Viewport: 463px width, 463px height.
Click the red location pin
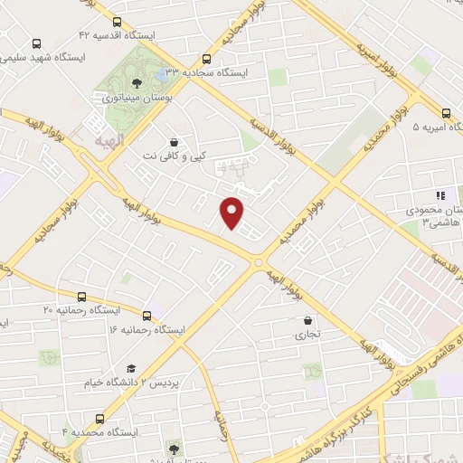pyautogui.click(x=233, y=211)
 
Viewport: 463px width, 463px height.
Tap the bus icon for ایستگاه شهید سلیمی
pyautogui.click(x=37, y=43)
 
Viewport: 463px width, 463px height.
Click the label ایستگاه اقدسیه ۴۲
pyautogui.click(x=118, y=35)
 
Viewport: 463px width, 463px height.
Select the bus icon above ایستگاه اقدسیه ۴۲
pyautogui.click(x=117, y=23)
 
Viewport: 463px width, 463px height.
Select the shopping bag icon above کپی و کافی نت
pyautogui.click(x=174, y=142)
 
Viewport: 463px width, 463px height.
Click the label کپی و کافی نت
pyautogui.click(x=175, y=156)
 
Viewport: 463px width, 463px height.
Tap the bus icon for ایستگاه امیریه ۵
pyautogui.click(x=446, y=114)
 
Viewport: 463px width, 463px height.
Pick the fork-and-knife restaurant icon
pyautogui.click(x=440, y=195)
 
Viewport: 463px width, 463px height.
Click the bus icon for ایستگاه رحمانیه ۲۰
pyautogui.click(x=82, y=296)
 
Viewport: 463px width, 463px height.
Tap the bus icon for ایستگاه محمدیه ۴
pyautogui.click(x=99, y=419)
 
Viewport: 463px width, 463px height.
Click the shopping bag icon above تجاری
pyautogui.click(x=309, y=320)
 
